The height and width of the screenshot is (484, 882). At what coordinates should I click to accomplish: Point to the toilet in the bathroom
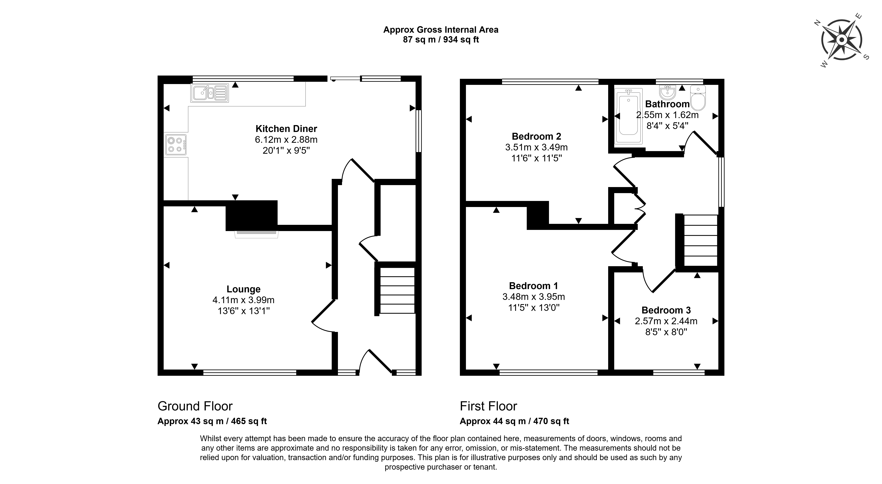(x=698, y=98)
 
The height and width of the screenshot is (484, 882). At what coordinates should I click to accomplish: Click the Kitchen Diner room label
(x=286, y=129)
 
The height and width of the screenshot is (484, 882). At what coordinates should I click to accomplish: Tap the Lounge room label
(x=243, y=289)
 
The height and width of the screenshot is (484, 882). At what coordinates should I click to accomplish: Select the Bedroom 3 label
(x=666, y=310)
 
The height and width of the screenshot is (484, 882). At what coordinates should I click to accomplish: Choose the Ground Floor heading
(x=195, y=406)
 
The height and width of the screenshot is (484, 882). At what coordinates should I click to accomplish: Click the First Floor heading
(x=488, y=406)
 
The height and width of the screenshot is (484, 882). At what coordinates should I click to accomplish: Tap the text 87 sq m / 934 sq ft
(x=441, y=40)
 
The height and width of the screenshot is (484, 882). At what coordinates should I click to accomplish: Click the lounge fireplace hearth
(x=257, y=234)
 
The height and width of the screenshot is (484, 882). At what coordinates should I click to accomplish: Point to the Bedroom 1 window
(x=548, y=372)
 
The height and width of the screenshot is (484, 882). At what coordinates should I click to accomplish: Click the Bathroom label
(x=667, y=104)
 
